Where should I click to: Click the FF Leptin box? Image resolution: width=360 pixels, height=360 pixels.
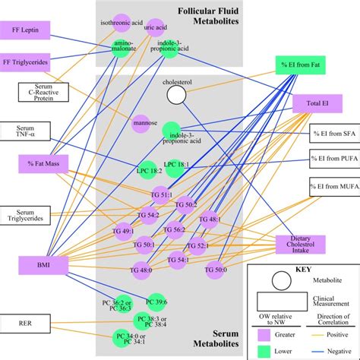[25, 30]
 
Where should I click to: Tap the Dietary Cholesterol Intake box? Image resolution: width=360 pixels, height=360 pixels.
[300, 244]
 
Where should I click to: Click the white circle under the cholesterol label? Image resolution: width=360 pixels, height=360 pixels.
[176, 94]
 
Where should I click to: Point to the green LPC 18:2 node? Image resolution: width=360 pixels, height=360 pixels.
[147, 171]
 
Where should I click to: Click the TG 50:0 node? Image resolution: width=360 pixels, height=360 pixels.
[215, 269]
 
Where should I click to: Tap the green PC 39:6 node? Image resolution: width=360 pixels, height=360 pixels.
[156, 302]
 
